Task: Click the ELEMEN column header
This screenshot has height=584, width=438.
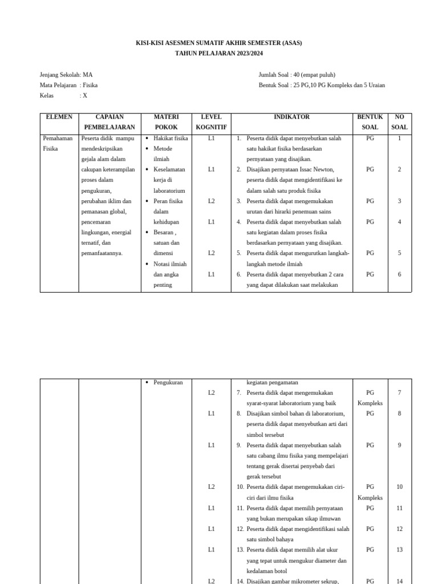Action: click(x=59, y=117)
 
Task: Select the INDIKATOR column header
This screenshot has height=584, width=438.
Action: click(x=291, y=117)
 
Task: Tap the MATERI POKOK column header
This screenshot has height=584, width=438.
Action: click(x=166, y=122)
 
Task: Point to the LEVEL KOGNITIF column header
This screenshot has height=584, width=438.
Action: click(x=211, y=122)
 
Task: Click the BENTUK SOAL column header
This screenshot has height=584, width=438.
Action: click(x=370, y=122)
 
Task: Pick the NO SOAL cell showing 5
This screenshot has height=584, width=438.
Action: click(x=399, y=253)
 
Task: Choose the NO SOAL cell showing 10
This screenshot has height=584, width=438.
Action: click(x=399, y=486)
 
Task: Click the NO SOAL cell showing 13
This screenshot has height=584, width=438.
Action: click(x=399, y=549)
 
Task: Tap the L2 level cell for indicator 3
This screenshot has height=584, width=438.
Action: click(x=211, y=201)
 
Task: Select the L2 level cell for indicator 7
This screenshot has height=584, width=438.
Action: click(x=211, y=393)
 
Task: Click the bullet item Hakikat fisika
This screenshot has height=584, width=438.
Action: click(x=170, y=138)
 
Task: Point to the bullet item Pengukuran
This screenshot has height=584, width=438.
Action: click(x=168, y=382)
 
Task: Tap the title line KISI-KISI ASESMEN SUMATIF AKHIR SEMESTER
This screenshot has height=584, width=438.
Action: click(x=219, y=43)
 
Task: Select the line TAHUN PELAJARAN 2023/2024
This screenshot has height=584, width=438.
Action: click(x=219, y=54)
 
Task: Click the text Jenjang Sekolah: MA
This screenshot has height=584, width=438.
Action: click(x=66, y=75)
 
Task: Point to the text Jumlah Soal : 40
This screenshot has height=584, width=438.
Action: click(x=297, y=75)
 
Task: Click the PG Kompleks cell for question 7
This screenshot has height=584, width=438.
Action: click(x=370, y=398)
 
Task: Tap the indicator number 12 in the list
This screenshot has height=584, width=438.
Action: click(x=240, y=529)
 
